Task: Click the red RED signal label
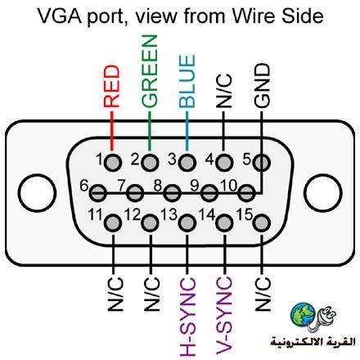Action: point(112,86)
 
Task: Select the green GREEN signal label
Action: point(150,70)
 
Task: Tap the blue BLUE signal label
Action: point(187,81)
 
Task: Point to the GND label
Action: point(262,85)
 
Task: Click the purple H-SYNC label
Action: point(187,317)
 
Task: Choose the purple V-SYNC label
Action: point(224,315)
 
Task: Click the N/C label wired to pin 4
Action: point(224,91)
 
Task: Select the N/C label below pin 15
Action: point(263,294)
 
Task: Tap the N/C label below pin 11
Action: point(115,295)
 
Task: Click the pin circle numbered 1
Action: point(113,163)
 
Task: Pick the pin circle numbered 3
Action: point(187,163)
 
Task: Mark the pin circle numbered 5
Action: point(262,163)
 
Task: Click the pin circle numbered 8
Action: point(172,193)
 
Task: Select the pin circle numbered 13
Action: point(187,223)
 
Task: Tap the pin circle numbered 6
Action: point(97,193)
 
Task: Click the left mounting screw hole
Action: point(37,193)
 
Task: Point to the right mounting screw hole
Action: point(323,193)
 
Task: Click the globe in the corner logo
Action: point(303,314)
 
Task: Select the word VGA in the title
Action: point(60,16)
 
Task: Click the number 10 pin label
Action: point(229,186)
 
